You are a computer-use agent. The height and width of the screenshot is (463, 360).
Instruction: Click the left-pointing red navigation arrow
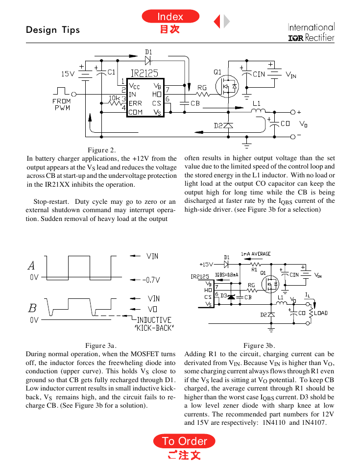(x=217, y=21)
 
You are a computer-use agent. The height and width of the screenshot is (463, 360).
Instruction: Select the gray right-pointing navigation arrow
(x=227, y=21)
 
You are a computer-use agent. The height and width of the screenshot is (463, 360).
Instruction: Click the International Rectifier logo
(x=312, y=32)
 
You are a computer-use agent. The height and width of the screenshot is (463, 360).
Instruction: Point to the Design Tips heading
(x=53, y=30)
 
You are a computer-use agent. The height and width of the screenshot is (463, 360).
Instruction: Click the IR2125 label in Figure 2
(x=144, y=73)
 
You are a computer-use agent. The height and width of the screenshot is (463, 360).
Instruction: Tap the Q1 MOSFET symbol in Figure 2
(x=227, y=86)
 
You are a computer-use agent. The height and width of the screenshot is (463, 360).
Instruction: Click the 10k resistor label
(x=115, y=97)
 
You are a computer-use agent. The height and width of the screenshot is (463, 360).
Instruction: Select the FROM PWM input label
(x=62, y=104)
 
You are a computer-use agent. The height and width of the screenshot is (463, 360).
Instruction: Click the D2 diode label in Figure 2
(x=218, y=126)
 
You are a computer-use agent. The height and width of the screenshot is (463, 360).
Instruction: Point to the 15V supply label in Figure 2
(x=68, y=74)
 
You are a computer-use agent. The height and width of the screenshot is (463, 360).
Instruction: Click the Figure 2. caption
(x=102, y=150)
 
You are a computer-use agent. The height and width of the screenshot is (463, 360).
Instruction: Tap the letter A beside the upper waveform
(x=31, y=266)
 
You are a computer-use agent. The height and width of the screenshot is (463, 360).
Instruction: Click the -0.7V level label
(x=151, y=280)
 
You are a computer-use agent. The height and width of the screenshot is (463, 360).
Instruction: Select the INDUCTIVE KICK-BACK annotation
(x=154, y=324)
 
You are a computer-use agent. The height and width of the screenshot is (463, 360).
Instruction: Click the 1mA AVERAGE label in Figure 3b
(x=256, y=254)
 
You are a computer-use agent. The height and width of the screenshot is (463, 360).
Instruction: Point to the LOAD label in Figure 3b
(x=321, y=313)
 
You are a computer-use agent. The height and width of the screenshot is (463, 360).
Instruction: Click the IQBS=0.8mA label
(x=227, y=275)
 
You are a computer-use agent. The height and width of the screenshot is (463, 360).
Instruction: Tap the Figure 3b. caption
(x=259, y=345)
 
